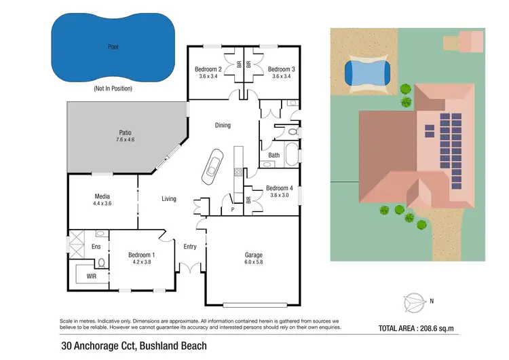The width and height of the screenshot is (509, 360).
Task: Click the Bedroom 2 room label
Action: [208, 69]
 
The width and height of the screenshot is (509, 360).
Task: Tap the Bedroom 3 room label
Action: [280, 69]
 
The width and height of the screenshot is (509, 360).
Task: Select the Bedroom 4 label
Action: [279, 188]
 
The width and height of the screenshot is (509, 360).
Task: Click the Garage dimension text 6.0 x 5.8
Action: [254, 264]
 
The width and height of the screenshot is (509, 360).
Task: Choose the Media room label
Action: [102, 196]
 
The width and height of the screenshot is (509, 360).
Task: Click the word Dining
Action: [223, 125]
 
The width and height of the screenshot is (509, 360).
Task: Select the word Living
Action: [169, 199]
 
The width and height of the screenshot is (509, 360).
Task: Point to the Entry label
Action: [190, 247]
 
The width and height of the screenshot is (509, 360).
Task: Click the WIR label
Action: [92, 276]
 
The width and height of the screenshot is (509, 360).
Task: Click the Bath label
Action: [274, 155]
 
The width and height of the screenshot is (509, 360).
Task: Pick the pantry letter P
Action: [232, 209]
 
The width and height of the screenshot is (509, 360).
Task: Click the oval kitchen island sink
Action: [212, 166]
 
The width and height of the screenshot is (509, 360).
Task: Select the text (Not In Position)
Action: [112, 89]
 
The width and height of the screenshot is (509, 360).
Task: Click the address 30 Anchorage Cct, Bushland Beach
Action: [133, 346]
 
